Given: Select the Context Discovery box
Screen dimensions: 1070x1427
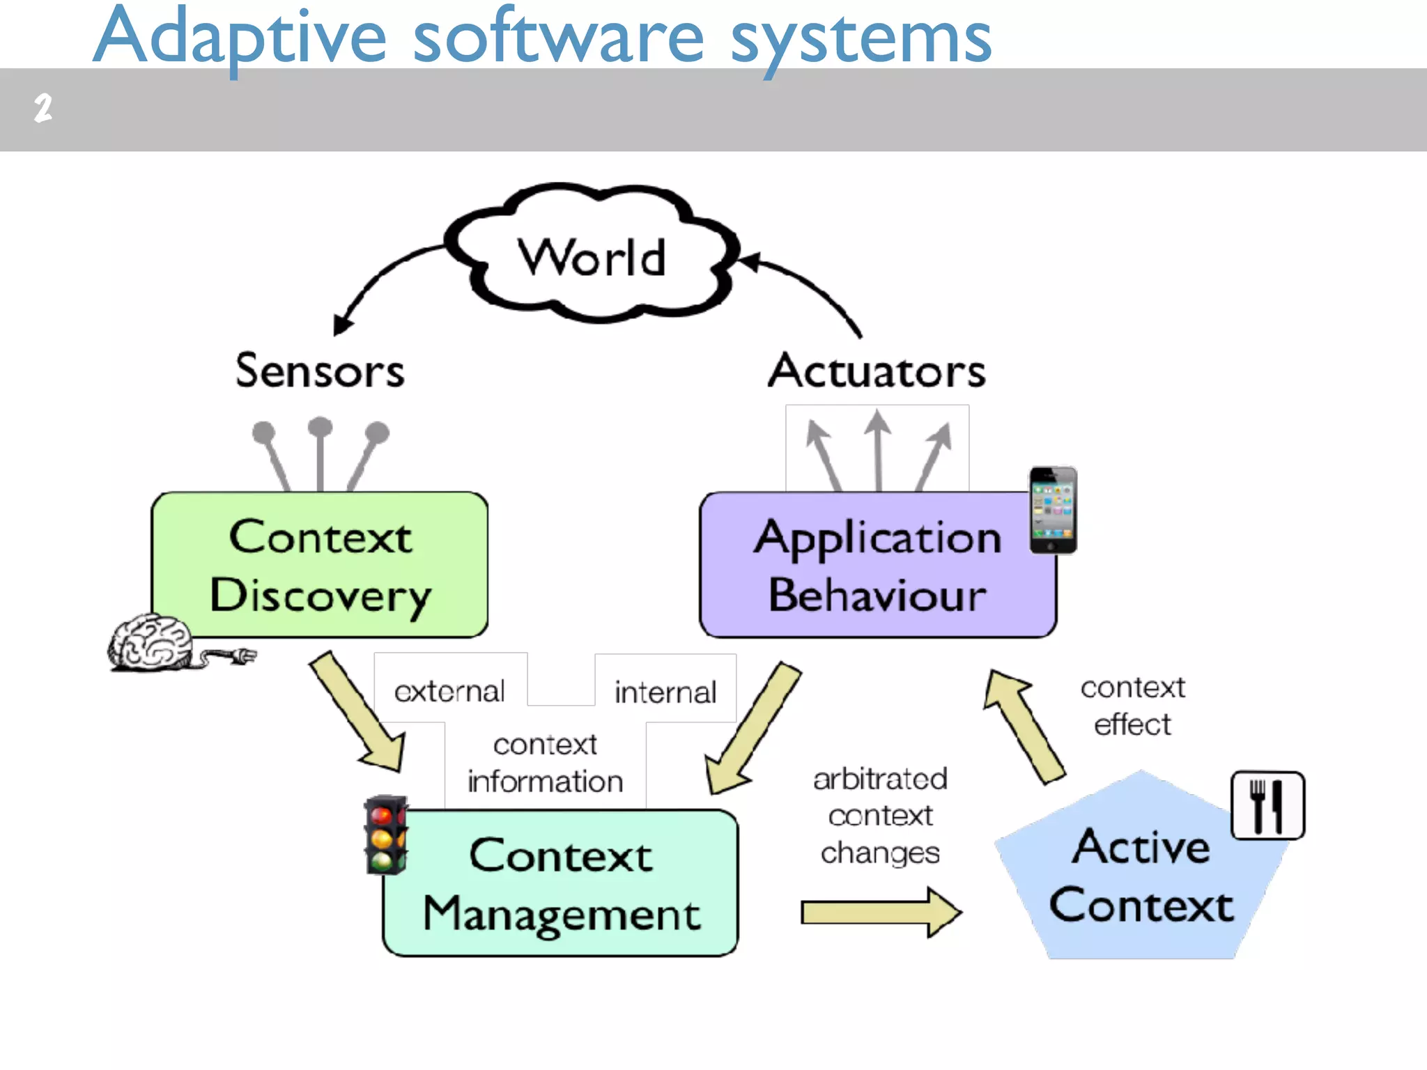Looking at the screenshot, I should tap(320, 565).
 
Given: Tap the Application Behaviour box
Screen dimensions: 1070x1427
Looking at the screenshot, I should tap(877, 565).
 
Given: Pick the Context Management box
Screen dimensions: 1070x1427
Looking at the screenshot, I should tap(561, 883).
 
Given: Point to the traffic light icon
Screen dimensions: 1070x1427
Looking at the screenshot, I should tap(385, 835).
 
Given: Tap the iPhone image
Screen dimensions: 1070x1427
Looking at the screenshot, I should tap(1053, 511).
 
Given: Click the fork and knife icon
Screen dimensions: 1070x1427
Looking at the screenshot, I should tap(1267, 805).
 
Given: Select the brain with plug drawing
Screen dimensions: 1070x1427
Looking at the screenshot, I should tap(174, 644).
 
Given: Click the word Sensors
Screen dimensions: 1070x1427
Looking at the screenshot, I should tap(320, 371).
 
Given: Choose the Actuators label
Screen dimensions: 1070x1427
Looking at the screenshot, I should tap(877, 371).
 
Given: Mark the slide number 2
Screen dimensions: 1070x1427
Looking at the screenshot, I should tap(43, 109).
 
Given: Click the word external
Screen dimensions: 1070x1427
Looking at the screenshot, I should tap(449, 691).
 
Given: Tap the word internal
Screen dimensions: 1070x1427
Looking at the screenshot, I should tap(665, 692).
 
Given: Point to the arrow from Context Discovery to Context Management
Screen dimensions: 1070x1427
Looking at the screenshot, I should tap(359, 713).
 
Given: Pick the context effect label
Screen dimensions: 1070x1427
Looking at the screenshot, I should tap(1132, 706).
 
